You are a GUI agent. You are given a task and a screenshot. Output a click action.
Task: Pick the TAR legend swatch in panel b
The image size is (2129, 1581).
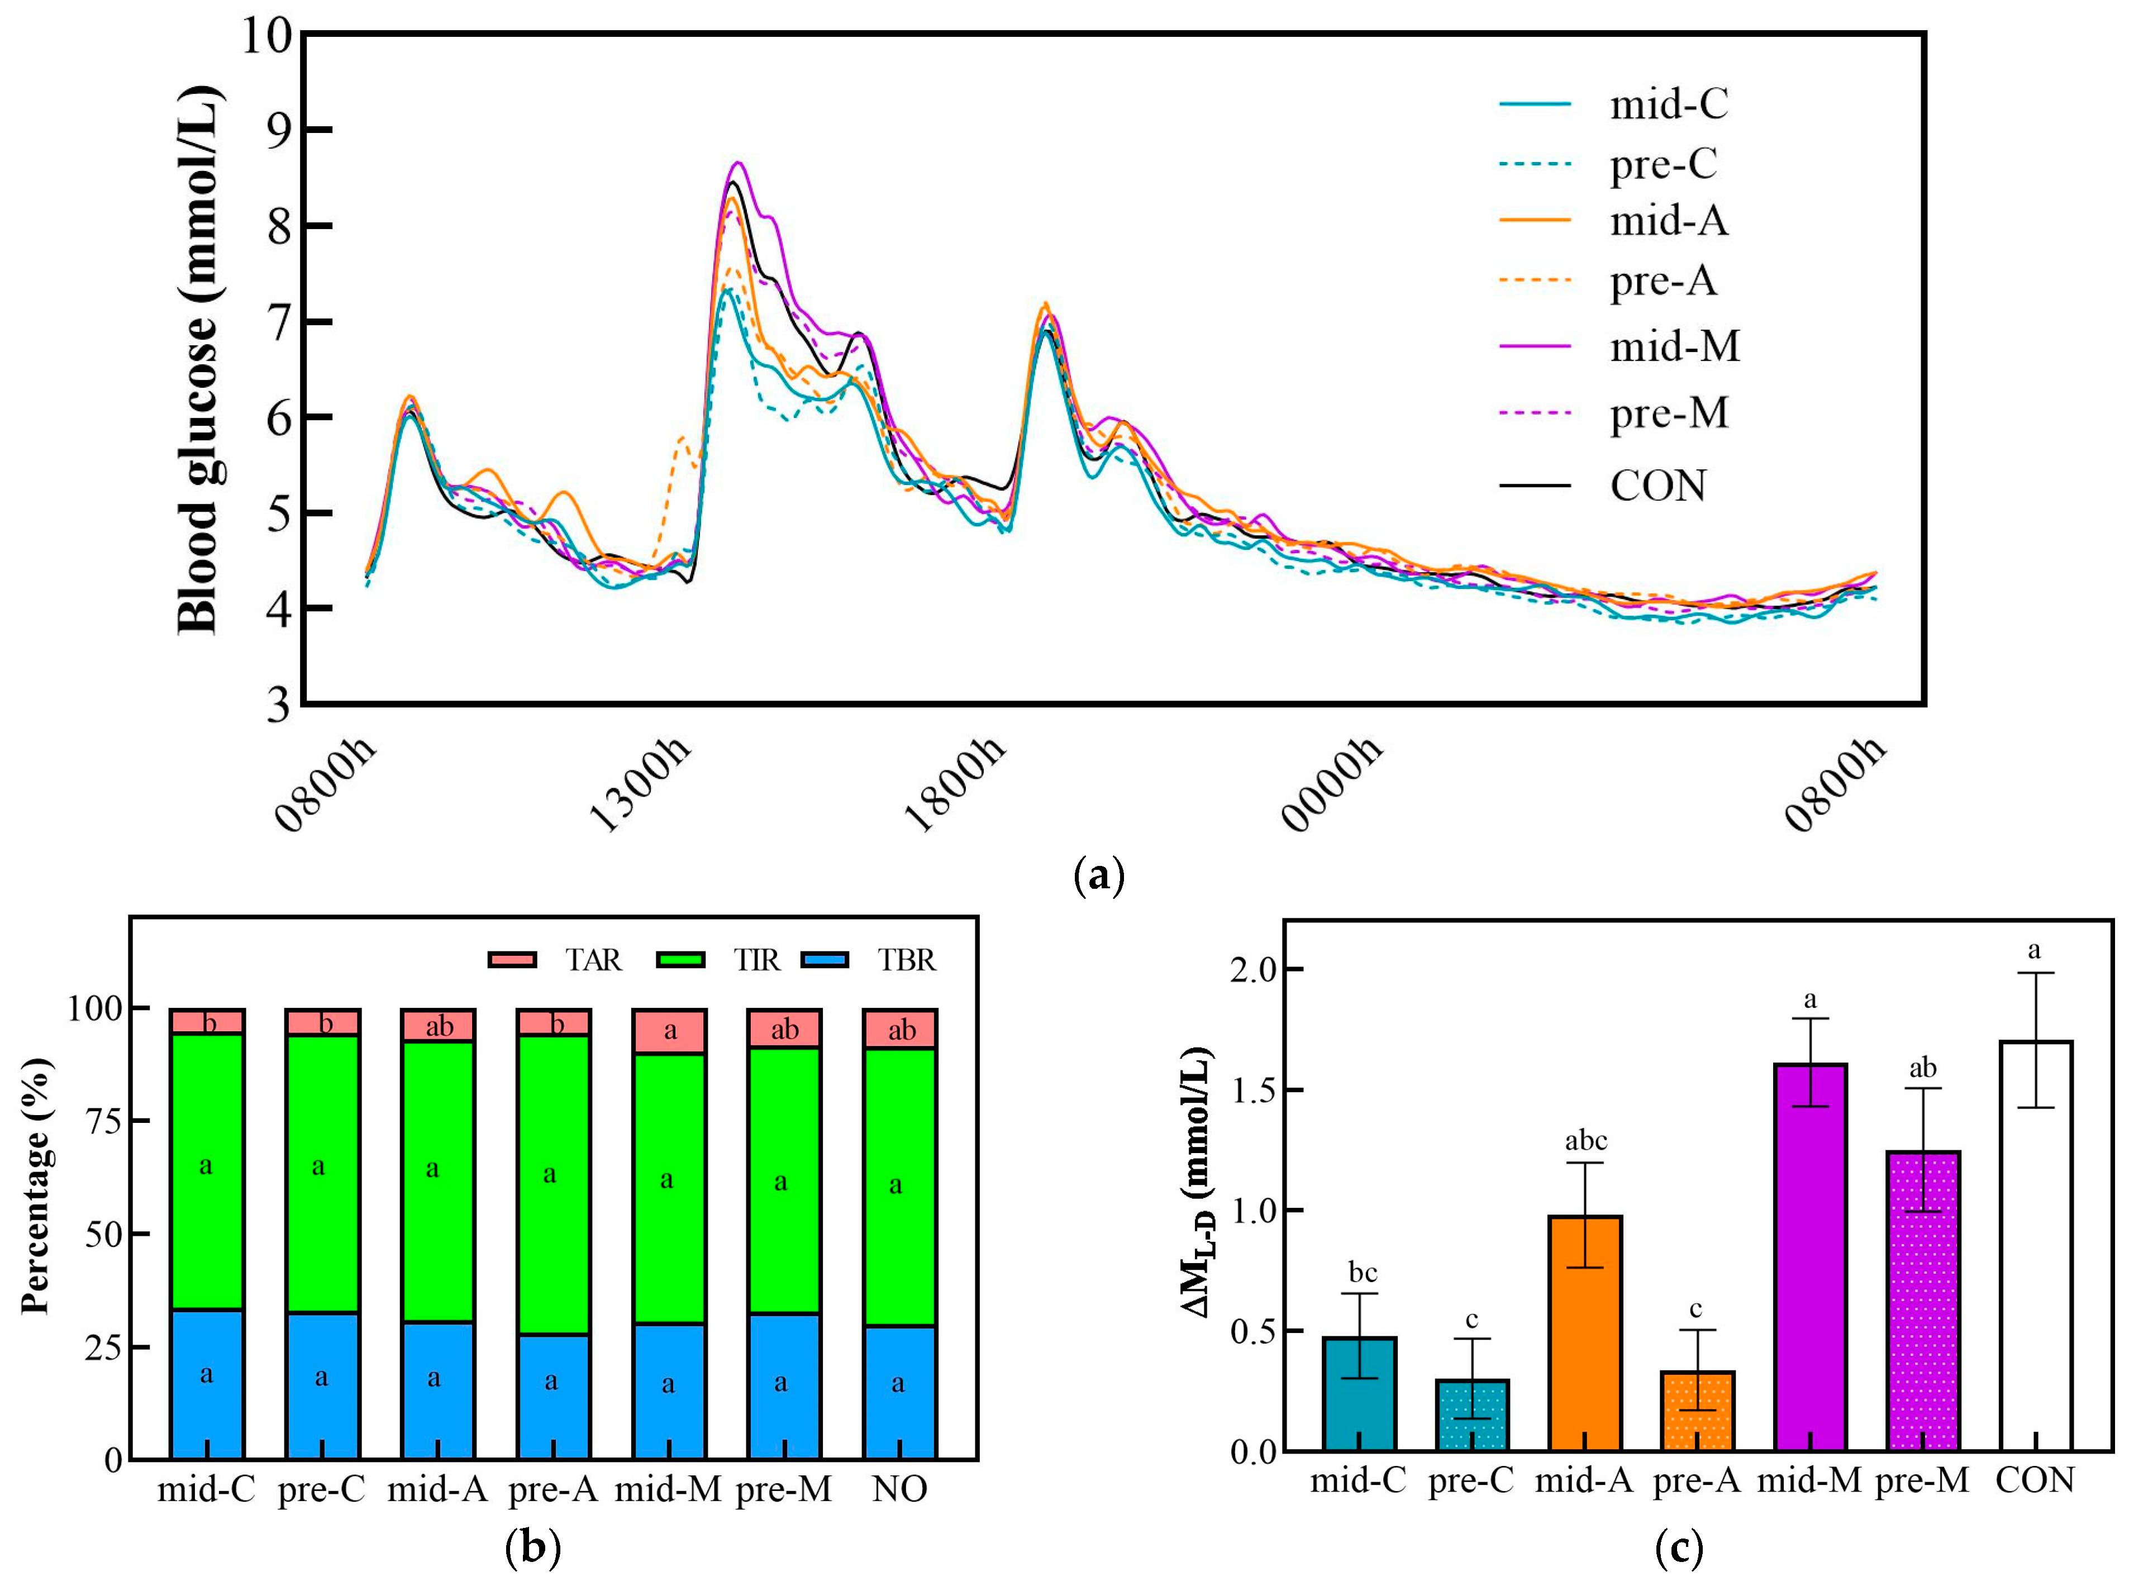tap(512, 960)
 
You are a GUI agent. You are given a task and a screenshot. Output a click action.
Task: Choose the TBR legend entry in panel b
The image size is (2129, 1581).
tap(905, 960)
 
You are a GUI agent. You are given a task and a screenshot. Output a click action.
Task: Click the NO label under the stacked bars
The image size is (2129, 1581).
tap(899, 1490)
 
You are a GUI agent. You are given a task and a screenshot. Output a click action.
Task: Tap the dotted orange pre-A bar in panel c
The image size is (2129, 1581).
tap(1697, 1412)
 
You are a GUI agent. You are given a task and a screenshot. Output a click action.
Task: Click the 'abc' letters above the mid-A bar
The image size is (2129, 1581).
tap(1585, 1141)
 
